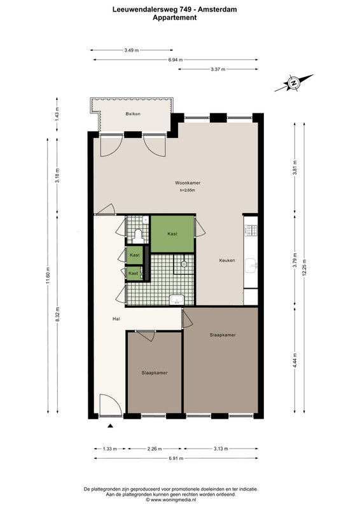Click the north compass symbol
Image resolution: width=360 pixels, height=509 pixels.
(294, 83)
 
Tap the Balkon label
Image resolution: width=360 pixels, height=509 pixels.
(133, 114)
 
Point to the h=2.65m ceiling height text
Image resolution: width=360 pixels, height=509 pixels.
(187, 190)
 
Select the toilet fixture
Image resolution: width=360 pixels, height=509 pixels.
(138, 236)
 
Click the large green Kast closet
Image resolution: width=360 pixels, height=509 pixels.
(172, 234)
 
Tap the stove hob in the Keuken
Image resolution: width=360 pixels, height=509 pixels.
(251, 231)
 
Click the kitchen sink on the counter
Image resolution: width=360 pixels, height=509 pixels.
(251, 265)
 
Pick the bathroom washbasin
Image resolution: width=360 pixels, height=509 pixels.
(177, 300)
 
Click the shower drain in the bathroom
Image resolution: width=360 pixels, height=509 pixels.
(184, 264)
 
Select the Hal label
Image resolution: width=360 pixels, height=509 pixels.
(116, 319)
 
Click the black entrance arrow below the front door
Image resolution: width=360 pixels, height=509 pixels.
(111, 426)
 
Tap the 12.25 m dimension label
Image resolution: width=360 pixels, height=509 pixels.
(304, 267)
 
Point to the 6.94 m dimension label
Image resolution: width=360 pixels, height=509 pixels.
(176, 60)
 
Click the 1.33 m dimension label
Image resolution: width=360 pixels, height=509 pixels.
(110, 449)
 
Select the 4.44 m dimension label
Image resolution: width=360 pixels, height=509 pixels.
(295, 360)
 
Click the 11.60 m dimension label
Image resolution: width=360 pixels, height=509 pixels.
(48, 275)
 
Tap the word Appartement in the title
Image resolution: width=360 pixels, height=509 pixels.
(175, 18)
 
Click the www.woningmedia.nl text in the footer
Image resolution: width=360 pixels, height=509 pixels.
(175, 500)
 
